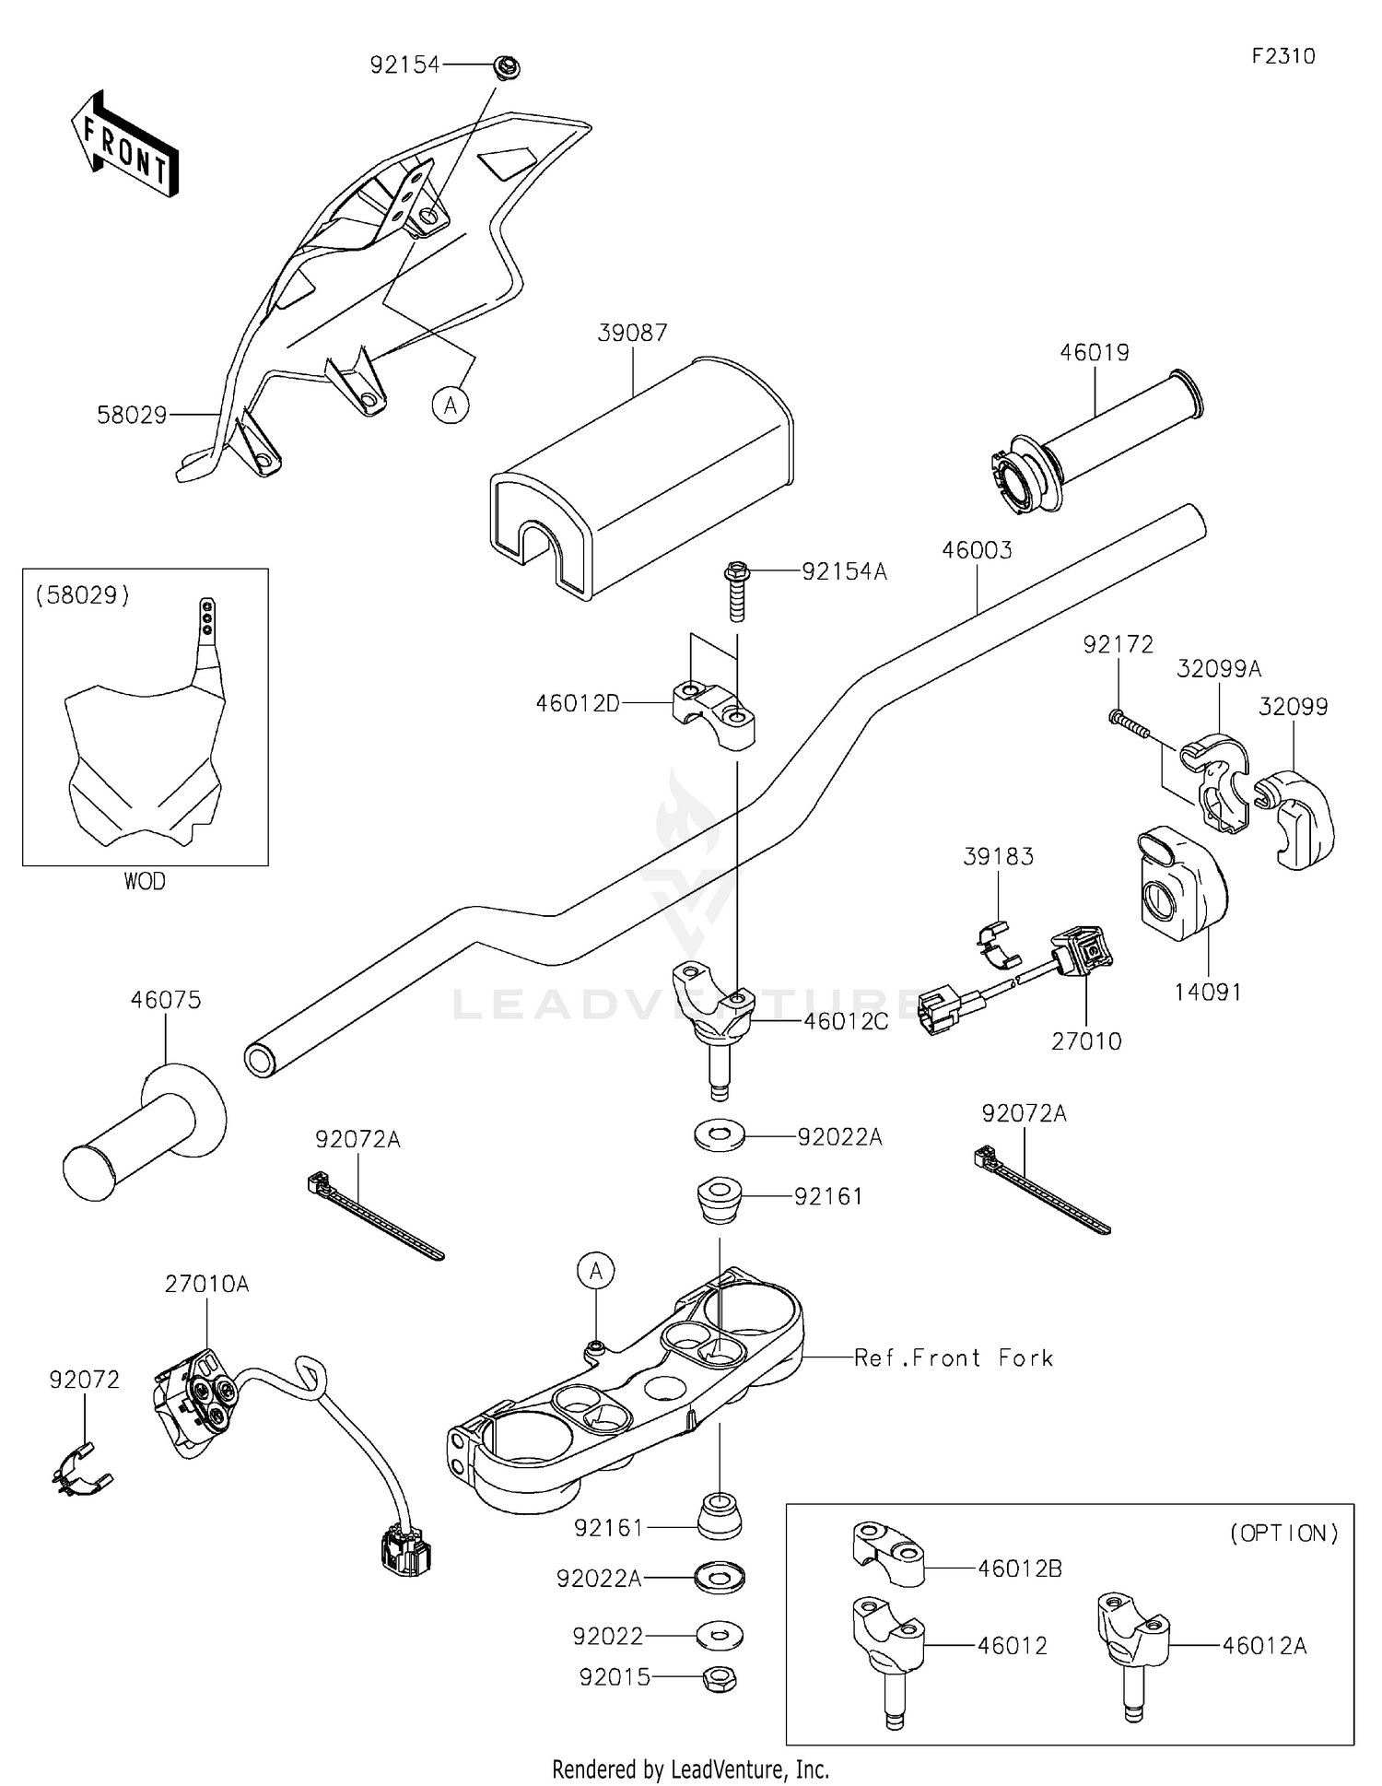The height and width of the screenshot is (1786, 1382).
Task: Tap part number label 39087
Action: tap(632, 333)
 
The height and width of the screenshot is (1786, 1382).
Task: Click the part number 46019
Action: tap(1094, 352)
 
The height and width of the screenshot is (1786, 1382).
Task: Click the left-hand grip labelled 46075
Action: tap(144, 1133)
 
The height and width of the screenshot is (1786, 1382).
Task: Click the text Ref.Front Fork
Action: tap(954, 1357)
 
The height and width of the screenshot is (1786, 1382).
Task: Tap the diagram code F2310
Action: tap(1282, 56)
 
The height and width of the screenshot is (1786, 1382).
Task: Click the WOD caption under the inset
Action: tap(145, 882)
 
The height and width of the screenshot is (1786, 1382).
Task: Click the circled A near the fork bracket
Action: tap(596, 1272)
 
